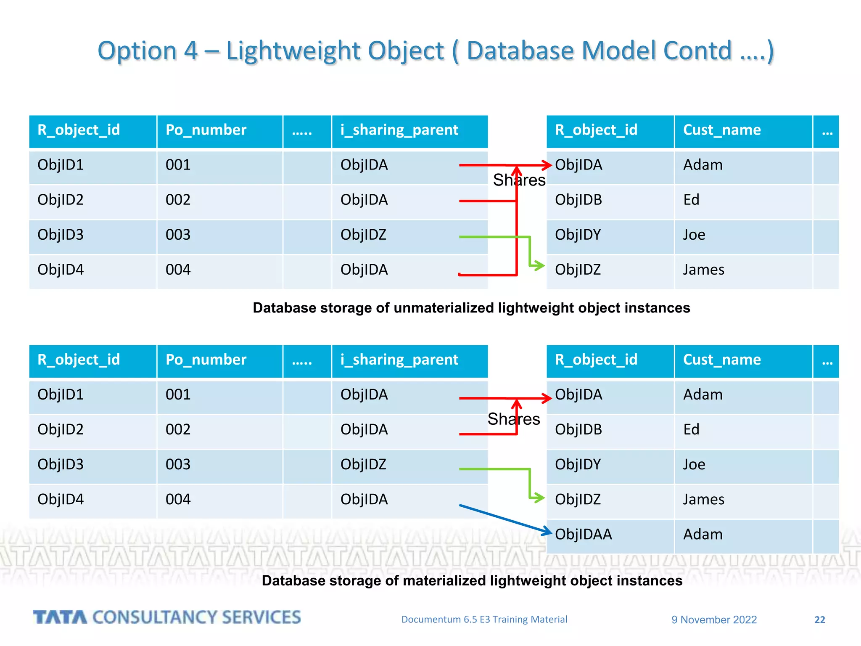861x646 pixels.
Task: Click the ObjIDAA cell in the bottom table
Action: [x=583, y=534]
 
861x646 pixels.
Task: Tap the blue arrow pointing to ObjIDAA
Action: [x=504, y=519]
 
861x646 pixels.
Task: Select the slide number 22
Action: [x=819, y=620]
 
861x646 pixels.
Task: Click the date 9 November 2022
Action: [x=714, y=620]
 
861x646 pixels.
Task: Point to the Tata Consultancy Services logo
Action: [x=167, y=617]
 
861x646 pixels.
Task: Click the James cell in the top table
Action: [x=703, y=270]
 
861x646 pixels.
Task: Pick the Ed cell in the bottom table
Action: [x=691, y=429]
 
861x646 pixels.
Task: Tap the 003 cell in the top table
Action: [x=178, y=235]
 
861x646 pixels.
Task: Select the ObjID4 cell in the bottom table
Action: [x=61, y=499]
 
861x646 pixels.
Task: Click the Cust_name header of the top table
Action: [x=722, y=130]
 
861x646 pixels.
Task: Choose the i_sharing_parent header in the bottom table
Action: [x=399, y=360]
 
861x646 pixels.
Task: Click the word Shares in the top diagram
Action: [x=519, y=180]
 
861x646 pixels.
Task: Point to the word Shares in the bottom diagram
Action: [x=514, y=419]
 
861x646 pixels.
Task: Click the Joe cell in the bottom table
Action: [x=694, y=464]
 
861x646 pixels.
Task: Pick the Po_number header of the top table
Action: [x=206, y=130]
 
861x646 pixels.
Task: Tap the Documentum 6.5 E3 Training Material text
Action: [x=484, y=620]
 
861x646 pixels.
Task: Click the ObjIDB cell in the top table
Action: [x=578, y=200]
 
